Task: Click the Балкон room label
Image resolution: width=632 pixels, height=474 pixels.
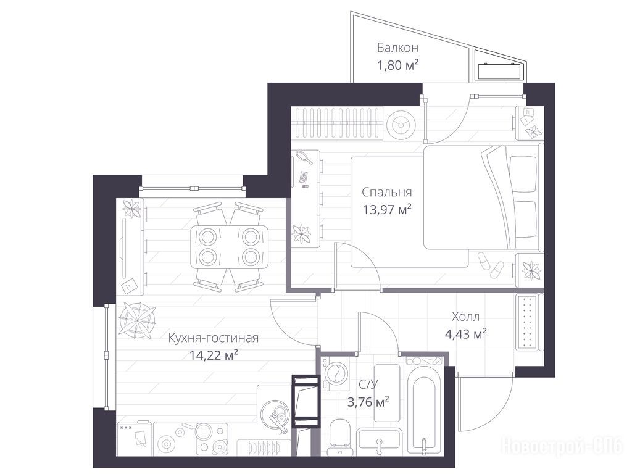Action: (397, 48)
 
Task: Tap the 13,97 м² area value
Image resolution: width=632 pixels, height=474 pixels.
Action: (387, 209)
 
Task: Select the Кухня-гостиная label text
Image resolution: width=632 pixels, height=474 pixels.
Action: (213, 338)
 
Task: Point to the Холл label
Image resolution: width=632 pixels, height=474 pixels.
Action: (465, 317)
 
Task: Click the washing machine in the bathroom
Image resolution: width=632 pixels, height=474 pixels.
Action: (335, 375)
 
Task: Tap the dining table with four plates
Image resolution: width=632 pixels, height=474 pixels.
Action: (230, 247)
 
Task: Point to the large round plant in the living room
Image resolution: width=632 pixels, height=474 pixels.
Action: (137, 320)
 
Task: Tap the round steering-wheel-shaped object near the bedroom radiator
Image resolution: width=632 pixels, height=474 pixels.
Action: (401, 125)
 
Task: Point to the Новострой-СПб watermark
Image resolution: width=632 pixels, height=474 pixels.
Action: (563, 446)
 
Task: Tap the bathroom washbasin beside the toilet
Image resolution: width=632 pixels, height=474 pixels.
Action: (379, 442)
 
